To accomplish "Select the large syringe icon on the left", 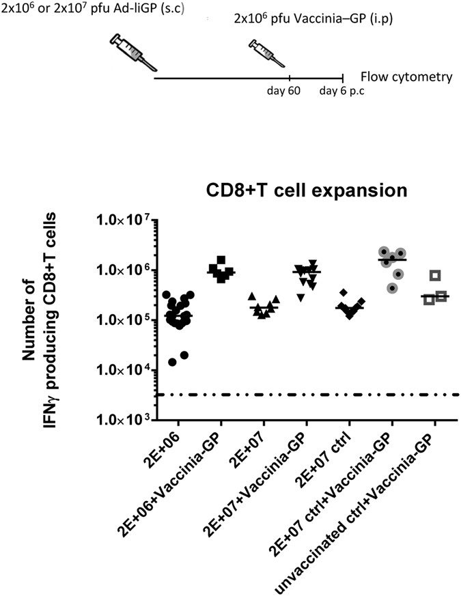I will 132,52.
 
